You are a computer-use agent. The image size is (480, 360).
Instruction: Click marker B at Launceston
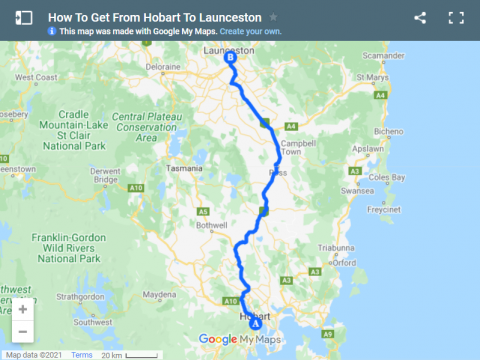pyautogui.click(x=231, y=59)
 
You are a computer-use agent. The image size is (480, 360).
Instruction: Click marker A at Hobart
pyautogui.click(x=255, y=322)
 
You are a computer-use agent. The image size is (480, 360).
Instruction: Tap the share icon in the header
pyautogui.click(x=420, y=18)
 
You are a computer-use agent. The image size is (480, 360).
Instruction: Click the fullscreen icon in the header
pyautogui.click(x=456, y=18)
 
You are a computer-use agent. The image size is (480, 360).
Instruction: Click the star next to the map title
pyautogui.click(x=274, y=18)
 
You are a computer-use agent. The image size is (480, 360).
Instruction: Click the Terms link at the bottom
pyautogui.click(x=81, y=354)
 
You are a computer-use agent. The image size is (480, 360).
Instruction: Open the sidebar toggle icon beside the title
pyautogui.click(x=25, y=18)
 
